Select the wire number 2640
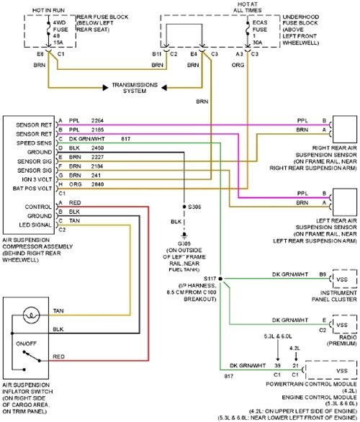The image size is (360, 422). (97, 183)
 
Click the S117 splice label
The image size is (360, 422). (210, 277)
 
